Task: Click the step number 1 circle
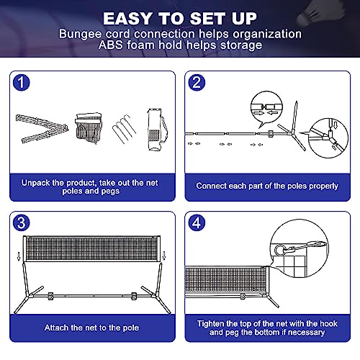point(22,83)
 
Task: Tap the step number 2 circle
point(197,83)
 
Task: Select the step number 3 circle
point(22,222)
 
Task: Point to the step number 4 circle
point(197,222)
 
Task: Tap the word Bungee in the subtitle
point(80,34)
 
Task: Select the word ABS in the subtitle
point(110,45)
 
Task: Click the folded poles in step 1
point(42,129)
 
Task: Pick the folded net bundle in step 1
point(89,128)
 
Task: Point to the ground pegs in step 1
point(124,129)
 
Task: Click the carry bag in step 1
point(157,130)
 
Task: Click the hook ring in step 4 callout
point(279,250)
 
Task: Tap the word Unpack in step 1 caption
point(35,183)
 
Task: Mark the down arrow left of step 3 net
point(19,256)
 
